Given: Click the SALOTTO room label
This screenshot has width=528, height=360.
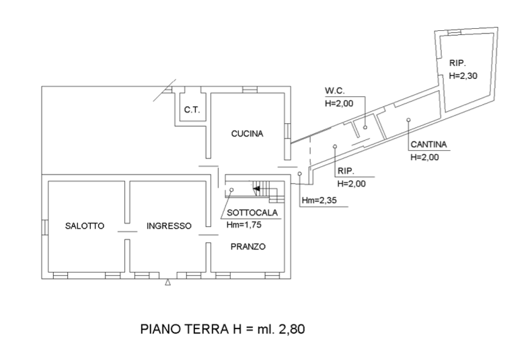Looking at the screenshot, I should [x=84, y=226].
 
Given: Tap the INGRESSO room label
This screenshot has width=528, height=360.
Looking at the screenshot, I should [x=169, y=226].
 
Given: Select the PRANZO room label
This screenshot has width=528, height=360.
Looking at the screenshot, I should [x=248, y=246].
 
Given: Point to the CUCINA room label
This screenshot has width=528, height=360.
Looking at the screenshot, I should [x=247, y=133].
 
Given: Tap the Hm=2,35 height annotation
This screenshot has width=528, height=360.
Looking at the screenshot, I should [x=318, y=201].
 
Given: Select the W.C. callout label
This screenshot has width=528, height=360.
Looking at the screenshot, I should [x=335, y=90].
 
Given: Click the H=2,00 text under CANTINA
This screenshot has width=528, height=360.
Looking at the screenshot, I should [x=424, y=157].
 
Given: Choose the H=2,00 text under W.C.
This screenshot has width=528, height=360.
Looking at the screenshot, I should [x=339, y=104].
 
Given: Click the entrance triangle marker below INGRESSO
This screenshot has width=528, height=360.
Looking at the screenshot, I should [x=168, y=283].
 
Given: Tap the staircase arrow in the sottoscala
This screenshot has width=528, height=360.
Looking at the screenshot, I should [x=256, y=190].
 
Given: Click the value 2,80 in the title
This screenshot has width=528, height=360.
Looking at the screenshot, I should [x=293, y=330].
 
